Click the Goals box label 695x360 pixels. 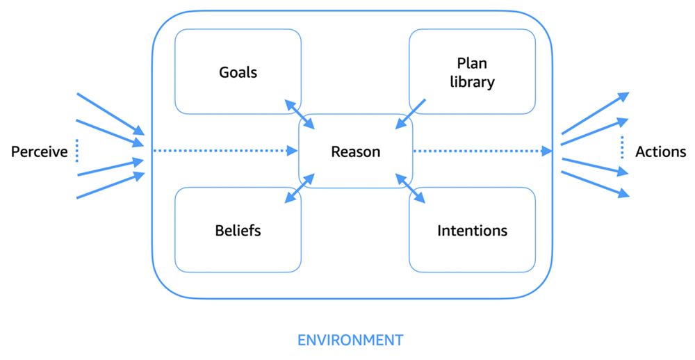(238, 72)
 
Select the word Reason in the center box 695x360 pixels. (355, 152)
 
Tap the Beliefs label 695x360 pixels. (238, 230)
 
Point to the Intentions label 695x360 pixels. (472, 230)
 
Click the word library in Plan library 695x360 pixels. (472, 82)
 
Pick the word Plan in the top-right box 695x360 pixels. (472, 63)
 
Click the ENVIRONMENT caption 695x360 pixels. (350, 340)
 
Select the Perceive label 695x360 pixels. (39, 152)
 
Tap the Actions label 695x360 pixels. (660, 152)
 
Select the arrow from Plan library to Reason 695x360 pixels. (411, 113)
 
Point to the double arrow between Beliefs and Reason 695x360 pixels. (300, 188)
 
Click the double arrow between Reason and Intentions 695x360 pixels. (411, 188)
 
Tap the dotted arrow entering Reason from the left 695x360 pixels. (222, 150)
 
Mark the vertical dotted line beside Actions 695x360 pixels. (621, 147)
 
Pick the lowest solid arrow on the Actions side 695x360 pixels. (595, 184)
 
